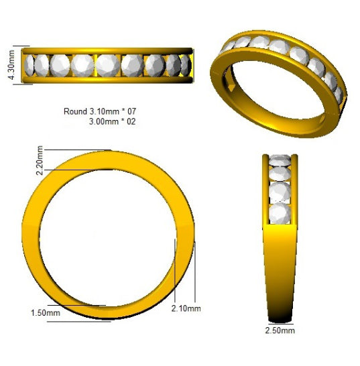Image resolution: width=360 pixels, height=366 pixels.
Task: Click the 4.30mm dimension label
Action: (11, 64)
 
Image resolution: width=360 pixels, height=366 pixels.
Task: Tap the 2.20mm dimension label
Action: (40, 160)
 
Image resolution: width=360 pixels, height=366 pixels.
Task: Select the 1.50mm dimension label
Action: (46, 313)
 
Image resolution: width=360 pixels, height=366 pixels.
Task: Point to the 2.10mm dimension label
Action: (186, 308)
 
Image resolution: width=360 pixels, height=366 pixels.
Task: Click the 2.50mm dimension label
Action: (280, 330)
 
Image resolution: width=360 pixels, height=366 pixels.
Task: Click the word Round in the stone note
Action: (75, 111)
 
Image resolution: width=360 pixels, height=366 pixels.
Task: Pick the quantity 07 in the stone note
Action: (131, 111)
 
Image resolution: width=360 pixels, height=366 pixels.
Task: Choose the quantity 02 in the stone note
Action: (131, 121)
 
